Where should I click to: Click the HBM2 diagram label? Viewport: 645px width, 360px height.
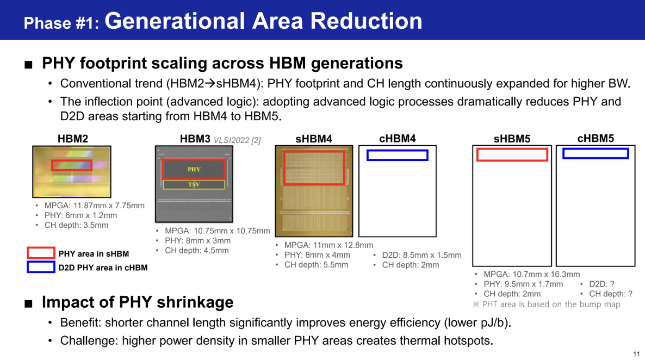(x=73, y=139)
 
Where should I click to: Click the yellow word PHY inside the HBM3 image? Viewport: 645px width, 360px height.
(x=194, y=169)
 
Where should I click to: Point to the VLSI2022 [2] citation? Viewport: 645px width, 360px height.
(x=237, y=140)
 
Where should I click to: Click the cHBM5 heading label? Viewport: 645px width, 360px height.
(x=596, y=139)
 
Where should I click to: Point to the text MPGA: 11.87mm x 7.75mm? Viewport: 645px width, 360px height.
(x=94, y=206)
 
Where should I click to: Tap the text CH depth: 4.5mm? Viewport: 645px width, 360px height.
(x=197, y=251)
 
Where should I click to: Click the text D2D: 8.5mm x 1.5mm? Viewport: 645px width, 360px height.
(x=421, y=255)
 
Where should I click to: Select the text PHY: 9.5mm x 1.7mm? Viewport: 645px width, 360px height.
(x=523, y=284)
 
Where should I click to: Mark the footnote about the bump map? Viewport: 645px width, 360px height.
(x=547, y=305)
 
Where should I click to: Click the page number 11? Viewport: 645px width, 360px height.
(x=636, y=354)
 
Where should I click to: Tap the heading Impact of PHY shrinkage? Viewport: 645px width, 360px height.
(x=138, y=302)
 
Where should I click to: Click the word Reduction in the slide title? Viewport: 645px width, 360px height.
(x=366, y=21)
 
